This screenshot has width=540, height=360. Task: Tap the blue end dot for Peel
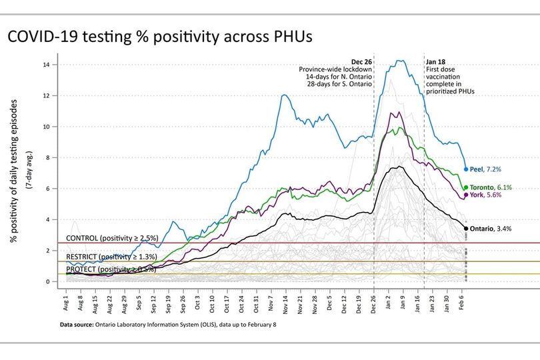click(x=466, y=169)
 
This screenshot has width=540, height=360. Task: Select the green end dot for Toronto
click(x=466, y=187)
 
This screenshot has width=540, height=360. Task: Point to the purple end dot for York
click(x=466, y=195)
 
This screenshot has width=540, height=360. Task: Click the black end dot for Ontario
click(x=466, y=229)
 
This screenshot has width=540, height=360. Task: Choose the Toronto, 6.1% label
click(x=491, y=187)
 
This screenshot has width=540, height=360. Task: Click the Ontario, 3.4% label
click(x=491, y=229)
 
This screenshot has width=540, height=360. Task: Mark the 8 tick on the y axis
click(x=55, y=157)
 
